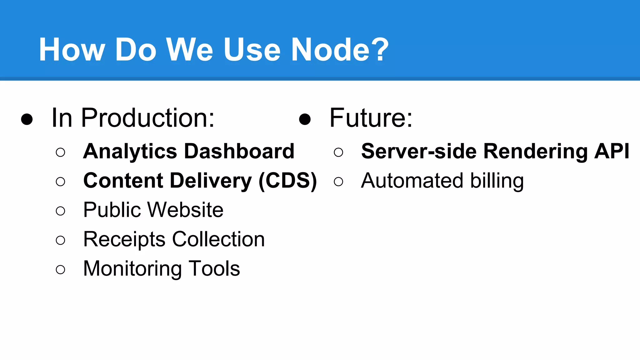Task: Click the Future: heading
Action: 371,118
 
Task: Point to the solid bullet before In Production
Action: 27,119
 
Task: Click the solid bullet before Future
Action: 305,119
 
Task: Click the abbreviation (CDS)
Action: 288,181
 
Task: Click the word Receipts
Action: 124,240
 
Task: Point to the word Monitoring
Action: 132,269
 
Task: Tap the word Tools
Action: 214,268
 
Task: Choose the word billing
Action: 497,181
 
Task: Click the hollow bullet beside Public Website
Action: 60,211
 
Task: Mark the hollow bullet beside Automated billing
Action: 338,182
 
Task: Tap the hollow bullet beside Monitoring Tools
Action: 60,269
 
